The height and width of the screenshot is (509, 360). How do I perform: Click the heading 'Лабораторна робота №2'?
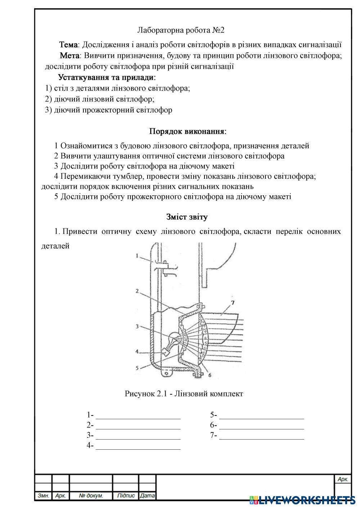(181, 30)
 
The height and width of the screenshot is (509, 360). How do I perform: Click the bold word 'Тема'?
(68, 45)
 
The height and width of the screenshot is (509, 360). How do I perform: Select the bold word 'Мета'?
(69, 56)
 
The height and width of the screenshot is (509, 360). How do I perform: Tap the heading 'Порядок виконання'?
(188, 131)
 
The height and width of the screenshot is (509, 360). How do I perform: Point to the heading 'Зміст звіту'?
(187, 217)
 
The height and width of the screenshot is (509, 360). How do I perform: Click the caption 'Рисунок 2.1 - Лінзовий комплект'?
(184, 394)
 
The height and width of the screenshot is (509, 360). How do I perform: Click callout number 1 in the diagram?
(138, 256)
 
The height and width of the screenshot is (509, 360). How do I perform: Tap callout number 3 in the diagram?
(137, 327)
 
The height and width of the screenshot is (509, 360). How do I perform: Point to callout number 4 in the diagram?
(137, 351)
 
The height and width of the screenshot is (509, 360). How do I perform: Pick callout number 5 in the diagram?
(137, 368)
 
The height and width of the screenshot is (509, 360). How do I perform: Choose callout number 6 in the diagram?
(210, 374)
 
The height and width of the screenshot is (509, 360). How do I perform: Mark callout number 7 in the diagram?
(233, 303)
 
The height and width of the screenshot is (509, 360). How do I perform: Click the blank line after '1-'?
(138, 416)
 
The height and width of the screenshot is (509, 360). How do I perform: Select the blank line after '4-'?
(138, 446)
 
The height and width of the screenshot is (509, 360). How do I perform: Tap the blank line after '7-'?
(262, 436)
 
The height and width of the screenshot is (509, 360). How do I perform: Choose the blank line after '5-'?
(262, 416)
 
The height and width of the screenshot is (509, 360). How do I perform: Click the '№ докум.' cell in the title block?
(91, 496)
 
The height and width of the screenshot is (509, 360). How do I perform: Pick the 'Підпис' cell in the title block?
(126, 496)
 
